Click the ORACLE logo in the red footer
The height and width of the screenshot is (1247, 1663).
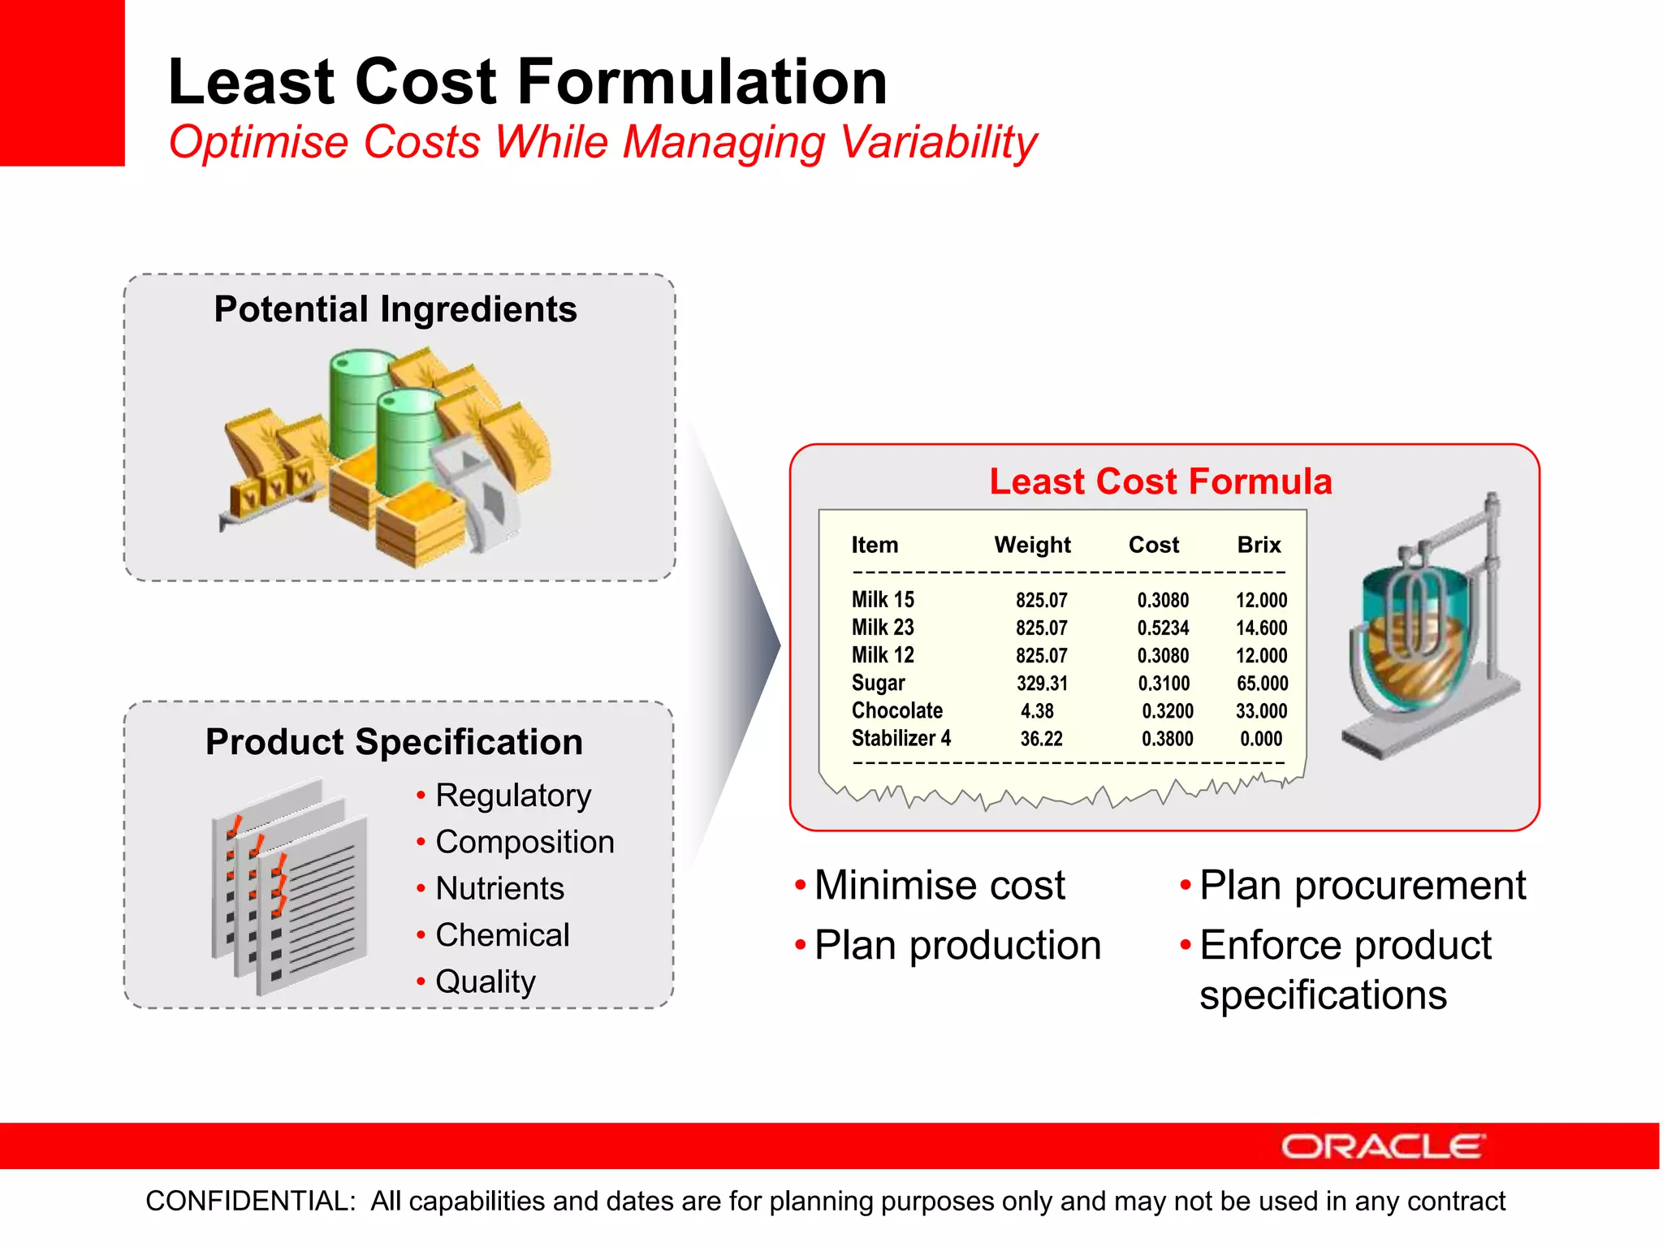1383,1146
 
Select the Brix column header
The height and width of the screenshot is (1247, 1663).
1259,545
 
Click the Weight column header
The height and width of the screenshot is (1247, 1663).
1032,545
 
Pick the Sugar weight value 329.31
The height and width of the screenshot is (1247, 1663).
1042,684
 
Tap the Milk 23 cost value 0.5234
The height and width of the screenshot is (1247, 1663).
1163,628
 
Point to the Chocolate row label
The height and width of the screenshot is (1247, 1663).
896,711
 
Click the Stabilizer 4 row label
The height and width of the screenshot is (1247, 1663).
901,739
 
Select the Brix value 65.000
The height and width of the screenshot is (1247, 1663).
1262,684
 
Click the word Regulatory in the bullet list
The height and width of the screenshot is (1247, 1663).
513,796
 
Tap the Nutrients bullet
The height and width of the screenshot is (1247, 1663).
499,889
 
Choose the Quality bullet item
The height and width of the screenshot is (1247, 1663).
486,982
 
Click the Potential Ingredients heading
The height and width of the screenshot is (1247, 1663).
395,309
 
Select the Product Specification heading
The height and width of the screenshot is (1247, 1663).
394,742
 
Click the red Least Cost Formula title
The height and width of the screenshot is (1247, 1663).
1160,481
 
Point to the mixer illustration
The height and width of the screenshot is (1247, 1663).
1425,633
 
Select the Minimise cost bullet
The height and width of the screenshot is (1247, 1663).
939,885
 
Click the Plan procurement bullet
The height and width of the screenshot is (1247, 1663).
1362,885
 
